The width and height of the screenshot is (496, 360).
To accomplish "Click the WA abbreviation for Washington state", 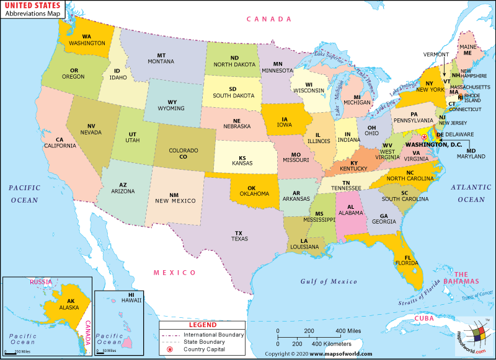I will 87,37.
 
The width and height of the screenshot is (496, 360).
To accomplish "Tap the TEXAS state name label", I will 239,239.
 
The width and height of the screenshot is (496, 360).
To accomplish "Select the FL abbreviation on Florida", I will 407,258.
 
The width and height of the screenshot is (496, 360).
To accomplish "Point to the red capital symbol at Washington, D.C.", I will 424,137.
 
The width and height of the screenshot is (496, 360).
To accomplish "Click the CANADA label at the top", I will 268,19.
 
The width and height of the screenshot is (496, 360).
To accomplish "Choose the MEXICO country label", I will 175,272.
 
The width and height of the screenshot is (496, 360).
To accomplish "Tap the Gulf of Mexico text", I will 329,281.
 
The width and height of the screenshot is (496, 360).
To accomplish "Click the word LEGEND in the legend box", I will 202,325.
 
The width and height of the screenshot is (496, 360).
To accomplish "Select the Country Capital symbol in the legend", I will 169,350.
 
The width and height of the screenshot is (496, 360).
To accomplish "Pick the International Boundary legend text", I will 213,335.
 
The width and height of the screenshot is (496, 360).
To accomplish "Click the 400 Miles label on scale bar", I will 349,330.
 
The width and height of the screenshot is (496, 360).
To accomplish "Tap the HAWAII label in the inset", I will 131,300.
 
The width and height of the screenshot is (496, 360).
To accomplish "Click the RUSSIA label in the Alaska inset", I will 41,282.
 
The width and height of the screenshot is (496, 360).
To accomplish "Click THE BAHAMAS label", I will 467,278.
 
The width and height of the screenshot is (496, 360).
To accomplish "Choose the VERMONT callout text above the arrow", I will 436,55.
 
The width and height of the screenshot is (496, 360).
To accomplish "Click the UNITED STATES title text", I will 36,7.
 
